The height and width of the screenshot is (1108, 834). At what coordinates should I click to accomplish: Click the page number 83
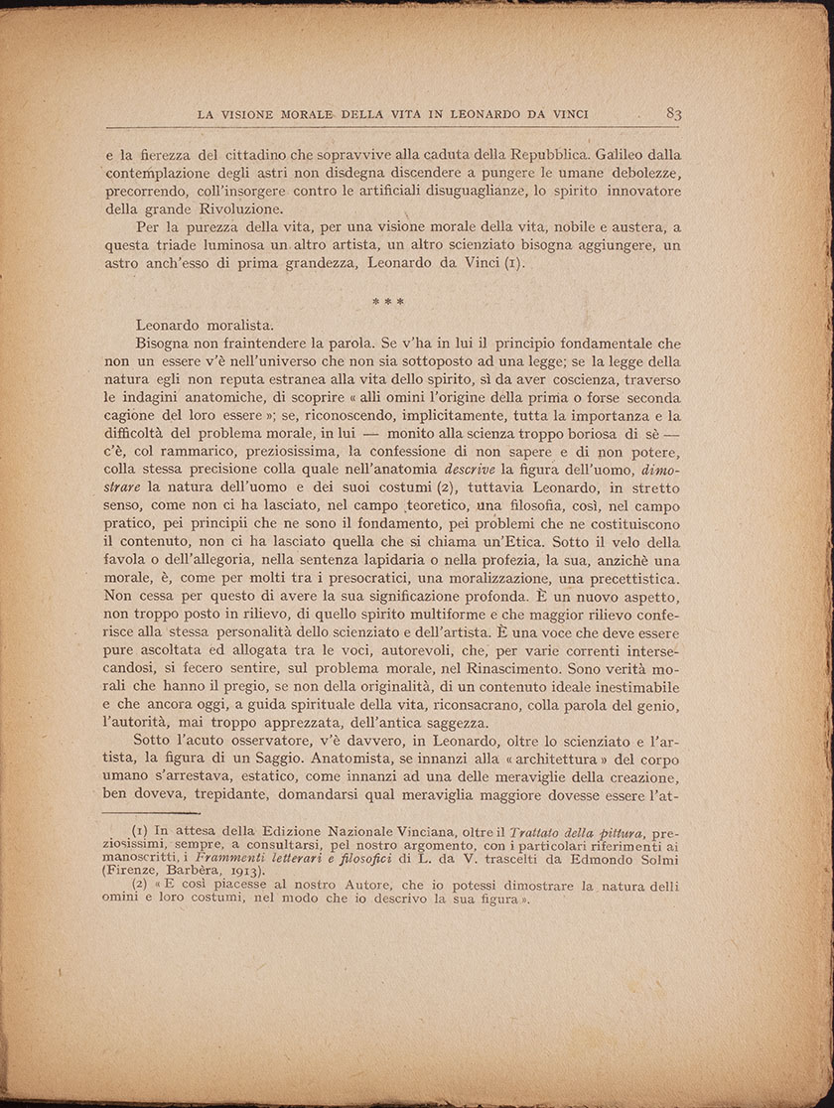673,113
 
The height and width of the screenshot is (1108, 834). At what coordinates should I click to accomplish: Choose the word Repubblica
538,155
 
